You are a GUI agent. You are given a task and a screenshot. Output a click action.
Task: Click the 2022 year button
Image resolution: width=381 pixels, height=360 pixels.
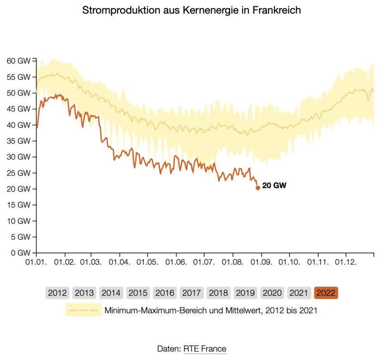[326, 293]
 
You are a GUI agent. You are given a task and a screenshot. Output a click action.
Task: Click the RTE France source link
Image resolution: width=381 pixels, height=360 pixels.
[205, 349]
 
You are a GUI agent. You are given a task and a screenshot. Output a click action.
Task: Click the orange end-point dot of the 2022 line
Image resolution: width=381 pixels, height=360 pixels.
[258, 188]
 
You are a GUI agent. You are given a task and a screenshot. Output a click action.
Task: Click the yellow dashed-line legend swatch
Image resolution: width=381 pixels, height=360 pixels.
[84, 310]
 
